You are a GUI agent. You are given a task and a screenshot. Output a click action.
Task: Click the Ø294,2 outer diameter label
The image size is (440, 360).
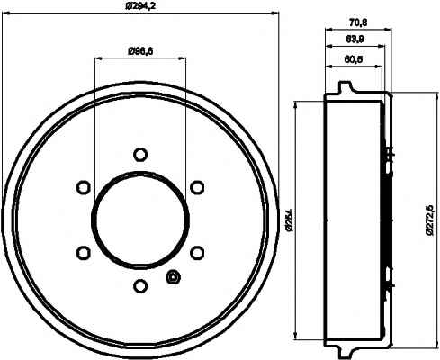[140, 5]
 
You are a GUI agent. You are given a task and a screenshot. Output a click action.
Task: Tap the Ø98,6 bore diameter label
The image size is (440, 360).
[140, 51]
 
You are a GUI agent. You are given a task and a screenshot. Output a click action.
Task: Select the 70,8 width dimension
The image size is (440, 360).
[358, 22]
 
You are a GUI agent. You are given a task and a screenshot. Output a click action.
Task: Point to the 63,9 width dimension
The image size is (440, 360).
[355, 39]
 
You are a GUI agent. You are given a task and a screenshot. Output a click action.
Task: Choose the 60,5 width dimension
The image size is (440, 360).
[354, 59]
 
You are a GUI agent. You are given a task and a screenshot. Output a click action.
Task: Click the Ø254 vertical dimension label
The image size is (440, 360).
[289, 220]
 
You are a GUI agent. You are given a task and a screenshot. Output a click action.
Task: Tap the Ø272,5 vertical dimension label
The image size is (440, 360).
[430, 220]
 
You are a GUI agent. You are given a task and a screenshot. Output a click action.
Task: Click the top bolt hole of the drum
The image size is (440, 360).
[140, 155]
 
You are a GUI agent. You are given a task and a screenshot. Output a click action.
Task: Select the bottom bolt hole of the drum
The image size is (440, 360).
[140, 285]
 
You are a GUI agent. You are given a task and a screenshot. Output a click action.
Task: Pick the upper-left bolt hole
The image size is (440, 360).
[84, 187]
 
